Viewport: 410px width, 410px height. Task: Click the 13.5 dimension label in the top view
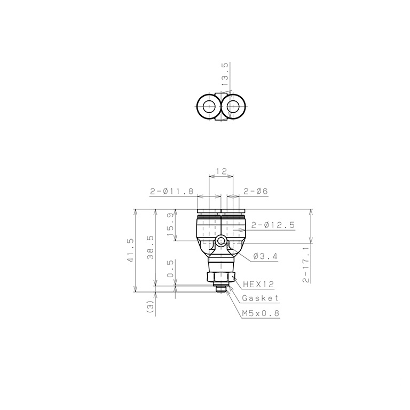coord(225,74)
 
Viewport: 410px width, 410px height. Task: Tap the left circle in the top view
coord(207,107)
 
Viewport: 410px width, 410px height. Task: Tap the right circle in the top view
coord(233,107)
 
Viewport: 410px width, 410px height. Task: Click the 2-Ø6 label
coord(256,191)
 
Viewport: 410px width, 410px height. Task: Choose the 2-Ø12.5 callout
coord(272,225)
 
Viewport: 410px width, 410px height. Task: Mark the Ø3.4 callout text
coord(265,256)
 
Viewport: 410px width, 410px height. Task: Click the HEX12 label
coord(258,285)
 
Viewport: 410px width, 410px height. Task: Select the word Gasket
coord(260,298)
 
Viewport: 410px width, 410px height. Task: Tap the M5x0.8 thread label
coord(261,313)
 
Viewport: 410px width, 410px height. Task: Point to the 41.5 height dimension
coord(129,250)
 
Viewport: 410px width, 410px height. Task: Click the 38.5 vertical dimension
coord(150,247)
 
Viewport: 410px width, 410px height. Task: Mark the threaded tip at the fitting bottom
coord(220,289)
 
